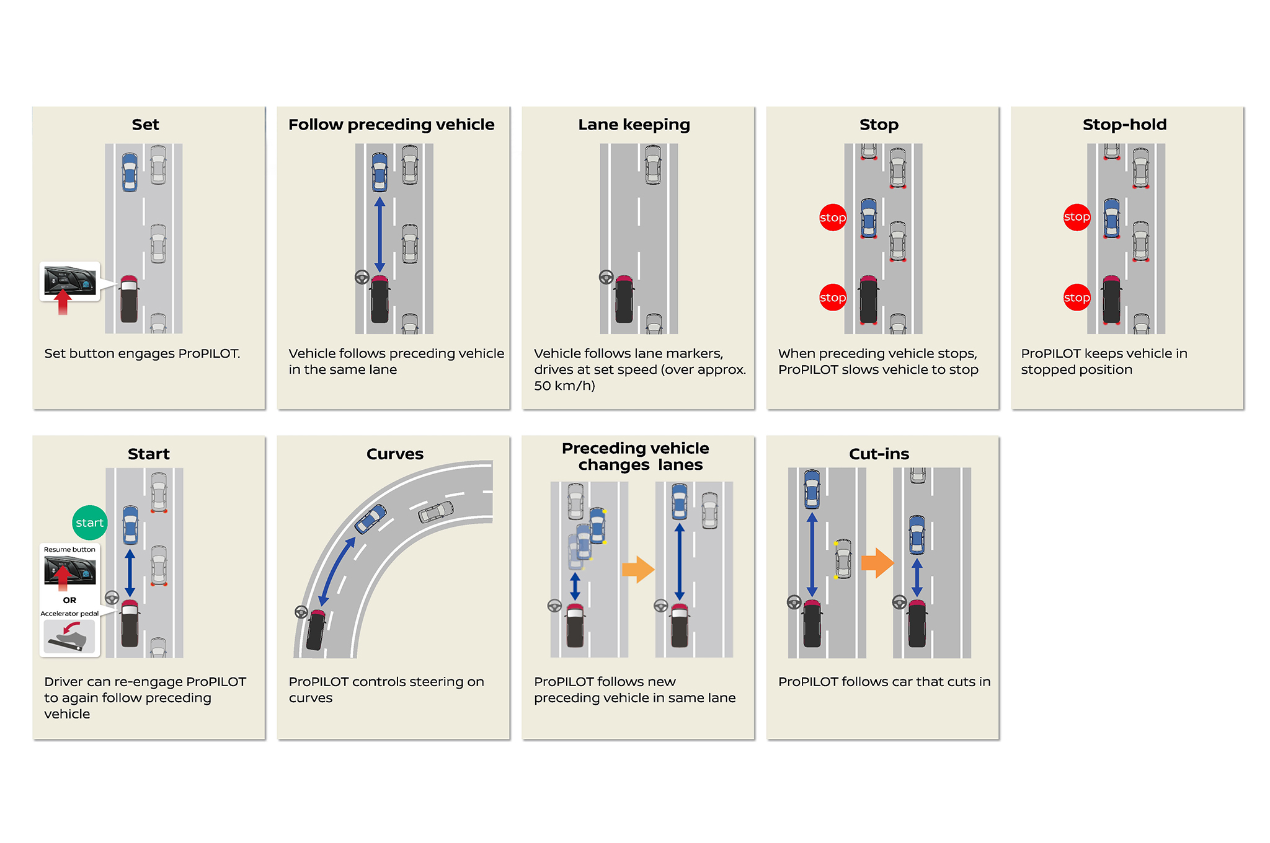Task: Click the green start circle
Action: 90,523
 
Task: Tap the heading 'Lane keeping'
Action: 634,125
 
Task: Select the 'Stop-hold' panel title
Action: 1124,125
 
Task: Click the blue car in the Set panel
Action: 130,172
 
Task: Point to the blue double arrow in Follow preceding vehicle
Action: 380,234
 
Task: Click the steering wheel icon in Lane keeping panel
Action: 606,277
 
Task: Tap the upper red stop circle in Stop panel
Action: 833,218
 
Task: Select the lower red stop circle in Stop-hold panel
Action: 1077,298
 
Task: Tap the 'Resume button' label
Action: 69,549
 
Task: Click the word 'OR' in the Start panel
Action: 69,600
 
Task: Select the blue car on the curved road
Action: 370,519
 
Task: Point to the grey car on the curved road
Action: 436,512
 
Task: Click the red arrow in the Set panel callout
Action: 63,302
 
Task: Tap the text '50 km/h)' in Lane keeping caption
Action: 564,386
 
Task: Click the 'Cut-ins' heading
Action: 879,454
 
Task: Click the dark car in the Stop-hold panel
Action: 1112,300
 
